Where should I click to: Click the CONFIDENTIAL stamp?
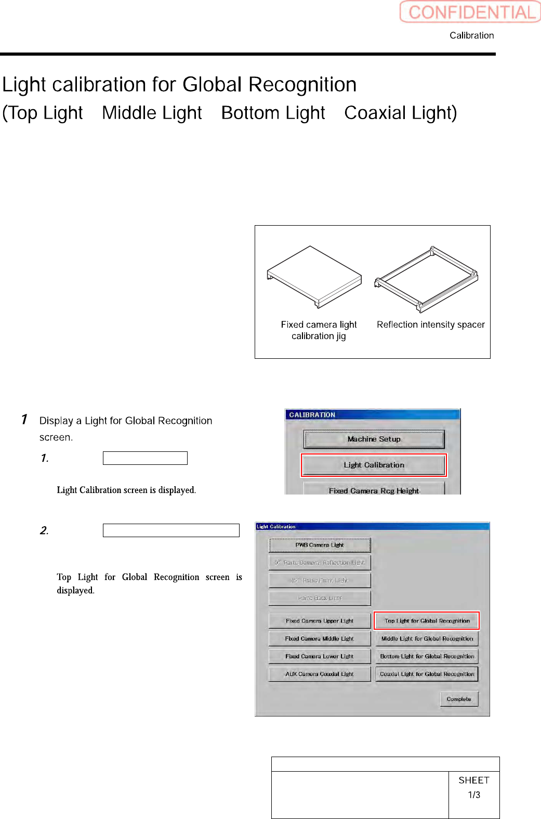(x=470, y=12)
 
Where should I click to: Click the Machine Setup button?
(x=374, y=439)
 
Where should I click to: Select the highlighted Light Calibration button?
(x=374, y=465)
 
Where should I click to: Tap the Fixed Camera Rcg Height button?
(x=374, y=490)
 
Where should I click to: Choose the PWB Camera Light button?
(x=320, y=545)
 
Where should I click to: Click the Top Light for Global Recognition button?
(x=427, y=621)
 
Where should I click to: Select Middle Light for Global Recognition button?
(x=427, y=639)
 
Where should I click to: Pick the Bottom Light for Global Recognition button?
(x=427, y=656)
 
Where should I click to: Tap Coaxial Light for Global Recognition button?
(x=427, y=674)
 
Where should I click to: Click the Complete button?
(x=459, y=699)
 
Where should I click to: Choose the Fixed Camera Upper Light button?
(x=320, y=621)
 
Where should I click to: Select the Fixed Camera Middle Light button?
(x=320, y=639)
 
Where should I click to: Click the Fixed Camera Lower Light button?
(x=320, y=656)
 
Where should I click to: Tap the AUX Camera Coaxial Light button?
(x=320, y=674)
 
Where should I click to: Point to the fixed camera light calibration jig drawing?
(x=314, y=277)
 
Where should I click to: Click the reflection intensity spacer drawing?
(x=427, y=279)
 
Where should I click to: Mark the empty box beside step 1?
(x=145, y=458)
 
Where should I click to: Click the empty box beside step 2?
(x=171, y=530)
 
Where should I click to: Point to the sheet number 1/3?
(x=474, y=795)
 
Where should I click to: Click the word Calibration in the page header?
(x=471, y=35)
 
